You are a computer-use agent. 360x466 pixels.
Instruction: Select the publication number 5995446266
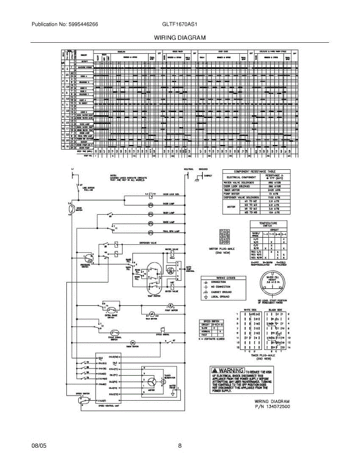click(82, 24)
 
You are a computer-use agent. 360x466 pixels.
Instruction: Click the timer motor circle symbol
click(132, 343)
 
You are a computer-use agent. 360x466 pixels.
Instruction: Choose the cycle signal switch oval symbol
click(115, 333)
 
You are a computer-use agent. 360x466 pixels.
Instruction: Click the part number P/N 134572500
click(272, 407)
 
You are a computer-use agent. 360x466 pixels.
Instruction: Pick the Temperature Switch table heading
click(269, 224)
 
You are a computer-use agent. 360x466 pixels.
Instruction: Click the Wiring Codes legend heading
click(223, 277)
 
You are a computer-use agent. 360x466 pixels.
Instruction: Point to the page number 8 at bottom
click(180, 446)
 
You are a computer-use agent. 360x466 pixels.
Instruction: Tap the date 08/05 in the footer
click(39, 446)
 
